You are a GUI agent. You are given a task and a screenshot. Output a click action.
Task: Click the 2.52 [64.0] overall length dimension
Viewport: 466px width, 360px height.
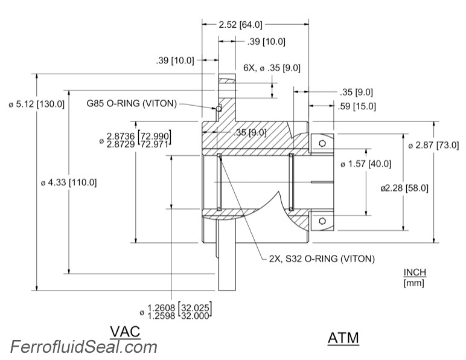[x=240, y=25]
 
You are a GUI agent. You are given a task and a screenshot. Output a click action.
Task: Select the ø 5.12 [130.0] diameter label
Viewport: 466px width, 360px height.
[x=36, y=104]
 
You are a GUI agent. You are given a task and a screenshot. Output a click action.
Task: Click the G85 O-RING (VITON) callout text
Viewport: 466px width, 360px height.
[x=131, y=103]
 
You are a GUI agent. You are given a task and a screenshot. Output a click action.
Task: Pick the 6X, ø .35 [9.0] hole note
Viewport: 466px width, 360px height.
[x=272, y=68]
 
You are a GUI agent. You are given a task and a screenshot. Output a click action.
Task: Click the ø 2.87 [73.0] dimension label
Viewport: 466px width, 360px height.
[x=433, y=146]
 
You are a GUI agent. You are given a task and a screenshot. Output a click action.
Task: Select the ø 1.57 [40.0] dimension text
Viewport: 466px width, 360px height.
[x=366, y=164]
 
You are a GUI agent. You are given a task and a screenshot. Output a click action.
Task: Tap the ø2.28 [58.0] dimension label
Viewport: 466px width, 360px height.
[x=404, y=188]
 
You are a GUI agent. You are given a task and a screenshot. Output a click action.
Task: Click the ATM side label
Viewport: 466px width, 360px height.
[x=343, y=338]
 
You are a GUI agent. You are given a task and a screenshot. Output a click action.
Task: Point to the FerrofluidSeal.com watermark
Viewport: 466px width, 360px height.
[x=83, y=347]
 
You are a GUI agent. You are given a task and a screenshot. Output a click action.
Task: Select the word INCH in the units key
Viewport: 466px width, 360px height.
[x=414, y=272]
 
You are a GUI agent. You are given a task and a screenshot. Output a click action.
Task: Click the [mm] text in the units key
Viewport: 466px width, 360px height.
[x=414, y=282]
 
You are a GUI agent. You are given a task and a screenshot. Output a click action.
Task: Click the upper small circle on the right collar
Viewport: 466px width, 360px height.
[x=323, y=143]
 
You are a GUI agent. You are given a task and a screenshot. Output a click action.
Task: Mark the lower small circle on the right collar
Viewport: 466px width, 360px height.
[x=323, y=220]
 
